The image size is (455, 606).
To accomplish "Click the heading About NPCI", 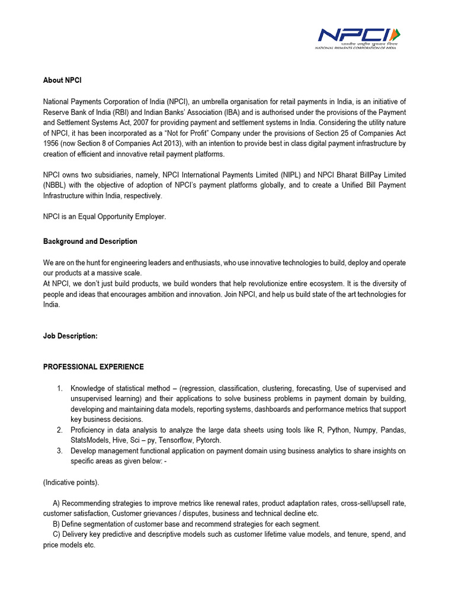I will [x=62, y=80].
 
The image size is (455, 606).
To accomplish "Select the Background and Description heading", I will [x=90, y=241].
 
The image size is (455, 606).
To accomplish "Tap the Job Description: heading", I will [x=70, y=336].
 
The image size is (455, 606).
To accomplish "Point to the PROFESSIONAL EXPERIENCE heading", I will [x=94, y=367].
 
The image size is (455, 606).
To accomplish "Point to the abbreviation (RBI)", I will [x=129, y=112].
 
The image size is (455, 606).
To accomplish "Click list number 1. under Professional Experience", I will [x=60, y=388].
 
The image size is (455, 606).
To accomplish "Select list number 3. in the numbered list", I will [x=60, y=451].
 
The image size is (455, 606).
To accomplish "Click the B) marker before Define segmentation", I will [x=57, y=524].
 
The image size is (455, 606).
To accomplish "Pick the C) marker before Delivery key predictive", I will [x=57, y=534].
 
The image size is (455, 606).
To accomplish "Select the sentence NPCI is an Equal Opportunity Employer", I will [x=105, y=217].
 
